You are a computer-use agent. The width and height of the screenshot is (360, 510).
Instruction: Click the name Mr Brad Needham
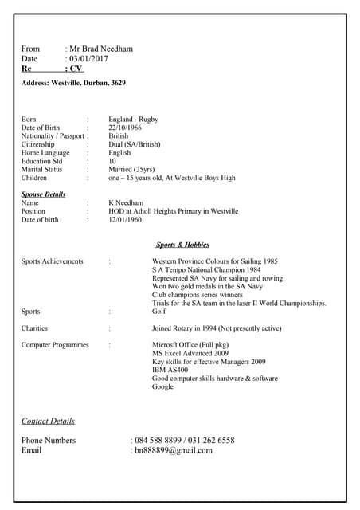[x=101, y=49]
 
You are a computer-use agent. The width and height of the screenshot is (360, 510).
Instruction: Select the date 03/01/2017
[x=88, y=59]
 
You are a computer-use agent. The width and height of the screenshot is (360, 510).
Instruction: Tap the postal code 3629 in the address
[x=118, y=83]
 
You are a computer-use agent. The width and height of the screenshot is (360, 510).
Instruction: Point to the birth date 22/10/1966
[x=125, y=127]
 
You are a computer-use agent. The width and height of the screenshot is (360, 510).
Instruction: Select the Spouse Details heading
[x=43, y=194]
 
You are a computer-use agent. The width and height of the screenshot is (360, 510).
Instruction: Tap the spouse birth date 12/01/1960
[x=125, y=220]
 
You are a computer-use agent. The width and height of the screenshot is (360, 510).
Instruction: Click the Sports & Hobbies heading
[x=182, y=245]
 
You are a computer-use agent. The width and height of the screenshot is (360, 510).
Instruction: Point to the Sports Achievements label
[x=52, y=261]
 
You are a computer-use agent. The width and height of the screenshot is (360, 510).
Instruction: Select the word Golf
[x=158, y=312]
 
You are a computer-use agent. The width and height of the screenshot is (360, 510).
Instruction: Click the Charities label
[x=34, y=328]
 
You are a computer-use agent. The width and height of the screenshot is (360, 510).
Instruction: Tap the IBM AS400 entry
[x=170, y=370]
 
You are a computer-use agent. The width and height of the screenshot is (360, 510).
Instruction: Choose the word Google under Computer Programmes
[x=162, y=386]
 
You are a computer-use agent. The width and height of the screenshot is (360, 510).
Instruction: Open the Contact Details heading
[x=48, y=421]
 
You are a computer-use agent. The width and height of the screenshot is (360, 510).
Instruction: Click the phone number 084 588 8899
[x=157, y=440]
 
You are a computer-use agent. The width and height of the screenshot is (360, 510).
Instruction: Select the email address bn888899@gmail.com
[x=174, y=450]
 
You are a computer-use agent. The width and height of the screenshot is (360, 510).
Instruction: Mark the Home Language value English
[x=119, y=153]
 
